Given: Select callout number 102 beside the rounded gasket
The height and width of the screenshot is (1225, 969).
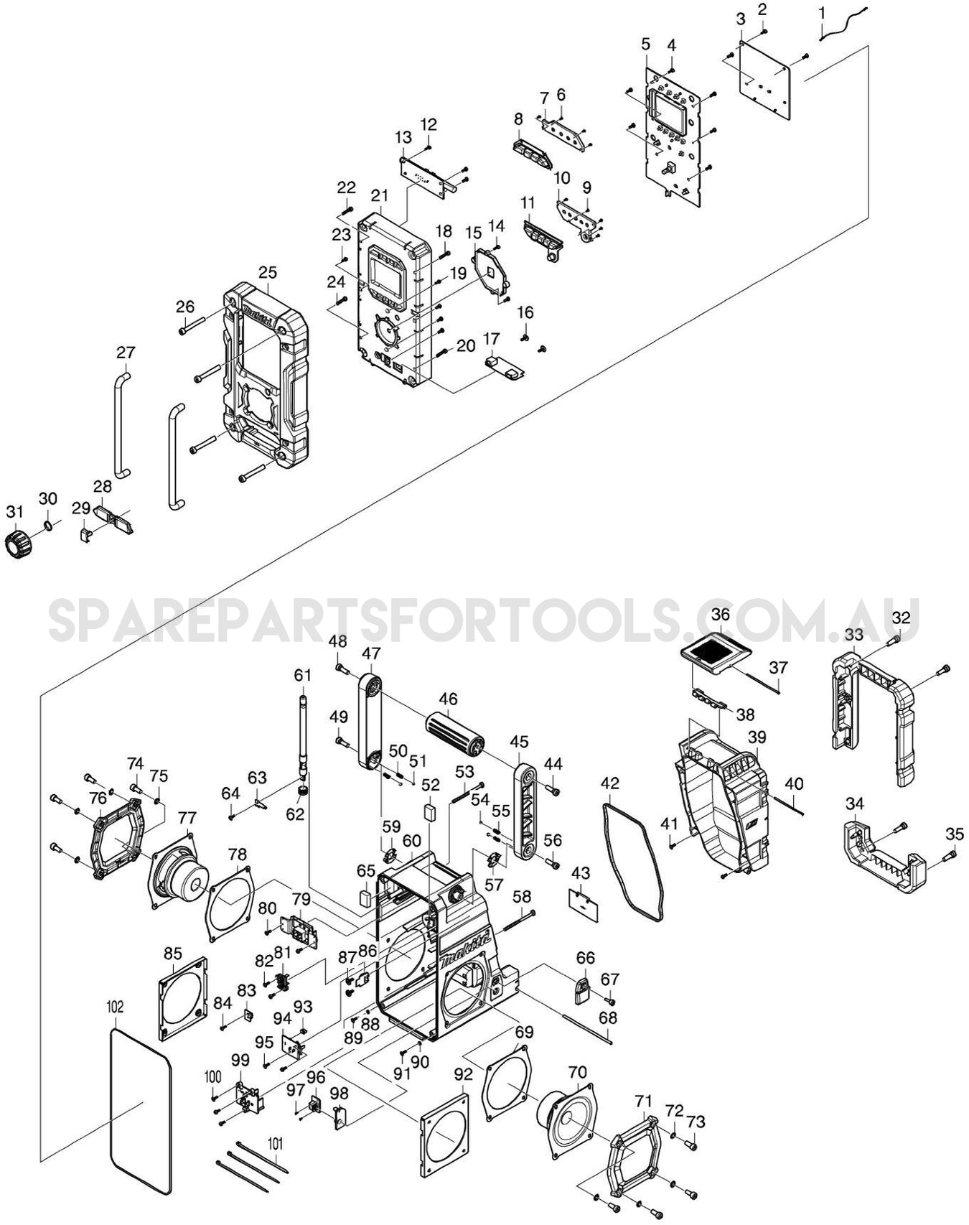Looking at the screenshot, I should pos(115,1007).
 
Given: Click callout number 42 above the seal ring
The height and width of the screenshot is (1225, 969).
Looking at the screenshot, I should pos(609,783).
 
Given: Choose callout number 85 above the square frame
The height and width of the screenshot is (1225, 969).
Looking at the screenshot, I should pos(173,954).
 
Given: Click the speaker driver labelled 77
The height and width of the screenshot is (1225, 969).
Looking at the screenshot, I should pos(178,874).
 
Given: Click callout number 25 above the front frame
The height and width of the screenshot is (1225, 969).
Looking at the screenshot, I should pos(268,273).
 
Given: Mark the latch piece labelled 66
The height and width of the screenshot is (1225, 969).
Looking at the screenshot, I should pos(582,991).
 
